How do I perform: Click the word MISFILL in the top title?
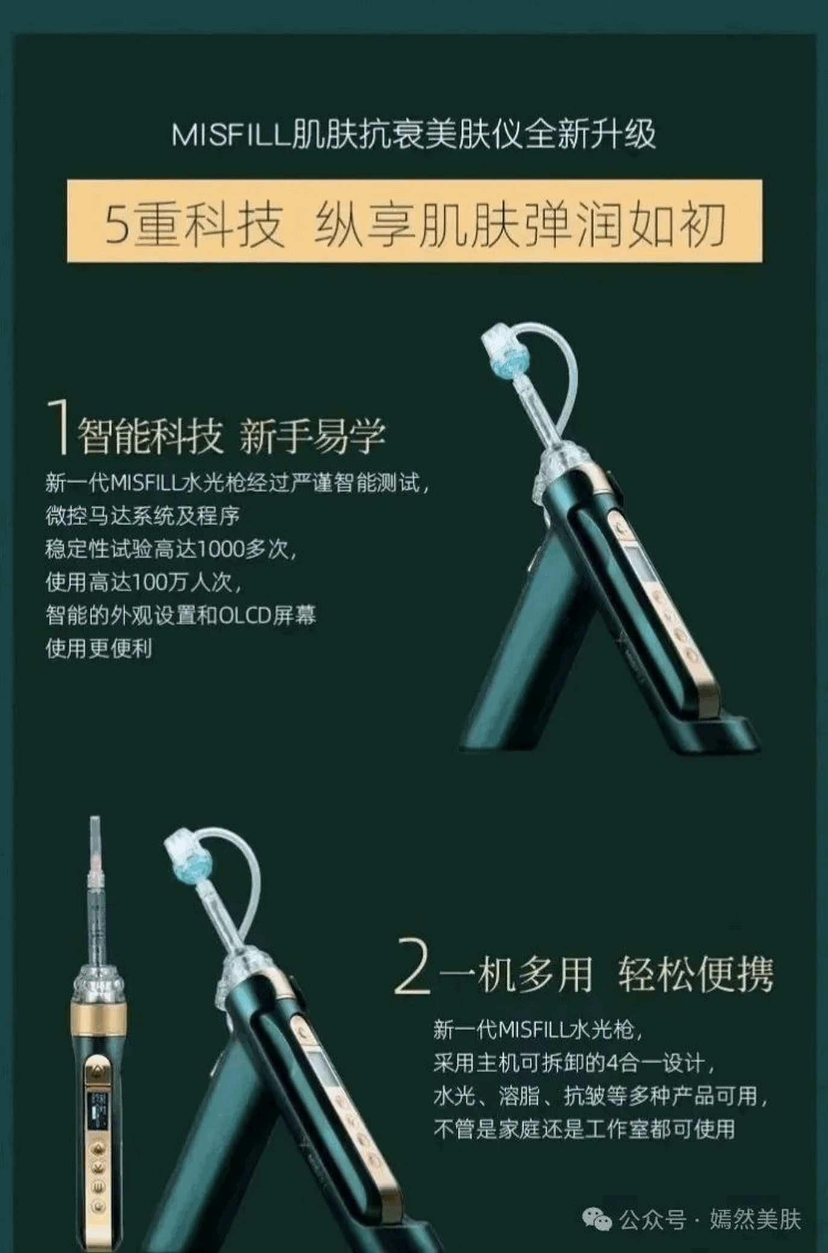[230, 135]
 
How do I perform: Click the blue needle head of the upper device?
[507, 358]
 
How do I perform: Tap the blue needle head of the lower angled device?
[189, 861]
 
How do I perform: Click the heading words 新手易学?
[312, 436]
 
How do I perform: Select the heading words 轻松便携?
[695, 974]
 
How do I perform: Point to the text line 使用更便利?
[99, 648]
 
